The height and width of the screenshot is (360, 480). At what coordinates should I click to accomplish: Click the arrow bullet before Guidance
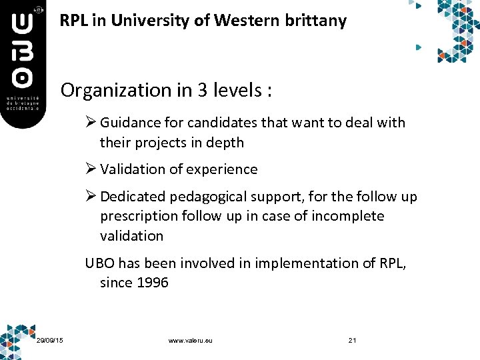tap(91, 123)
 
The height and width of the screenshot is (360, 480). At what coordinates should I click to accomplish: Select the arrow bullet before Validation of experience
tap(91, 169)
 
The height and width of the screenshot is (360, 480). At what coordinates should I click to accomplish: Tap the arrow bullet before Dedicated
tap(91, 197)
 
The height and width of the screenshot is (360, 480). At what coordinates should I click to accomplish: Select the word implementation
tap(301, 263)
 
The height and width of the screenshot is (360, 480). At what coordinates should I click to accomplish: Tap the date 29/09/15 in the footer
tap(51, 341)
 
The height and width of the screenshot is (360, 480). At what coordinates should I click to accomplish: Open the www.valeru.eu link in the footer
tap(191, 341)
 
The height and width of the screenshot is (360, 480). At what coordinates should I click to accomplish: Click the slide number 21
tap(353, 341)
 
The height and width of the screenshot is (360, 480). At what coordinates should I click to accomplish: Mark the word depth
tap(225, 143)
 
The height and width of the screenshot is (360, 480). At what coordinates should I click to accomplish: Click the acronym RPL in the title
tap(73, 21)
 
